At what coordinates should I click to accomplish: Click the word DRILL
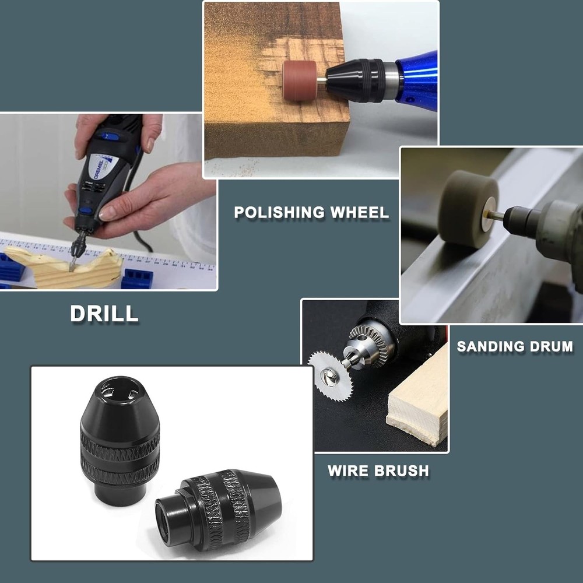104,313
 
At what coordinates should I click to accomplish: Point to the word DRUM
552,346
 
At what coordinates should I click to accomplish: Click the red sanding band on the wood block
300,82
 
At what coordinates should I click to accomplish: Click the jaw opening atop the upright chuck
120,390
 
